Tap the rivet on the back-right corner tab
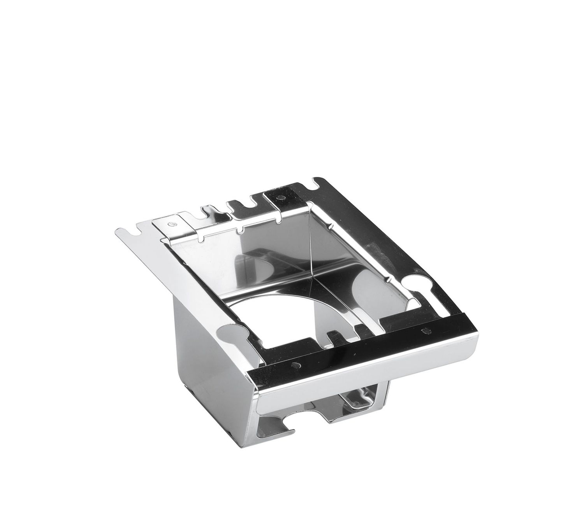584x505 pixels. coord(281,198)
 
